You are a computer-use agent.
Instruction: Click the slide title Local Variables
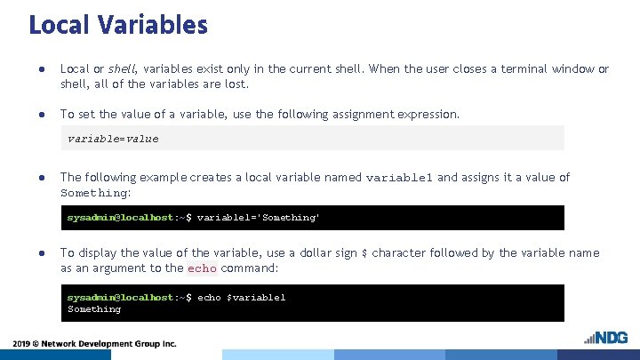click(118, 24)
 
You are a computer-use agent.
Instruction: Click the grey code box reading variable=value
click(316, 138)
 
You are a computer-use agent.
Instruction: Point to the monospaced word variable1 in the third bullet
click(399, 178)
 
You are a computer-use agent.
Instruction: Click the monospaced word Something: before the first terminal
click(95, 193)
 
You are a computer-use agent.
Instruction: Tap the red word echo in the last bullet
click(202, 268)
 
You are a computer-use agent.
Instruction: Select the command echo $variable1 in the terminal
click(241, 297)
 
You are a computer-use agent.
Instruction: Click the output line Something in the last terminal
click(94, 309)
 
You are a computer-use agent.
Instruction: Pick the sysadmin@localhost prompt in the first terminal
click(121, 217)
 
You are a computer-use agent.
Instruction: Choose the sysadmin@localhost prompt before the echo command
click(121, 297)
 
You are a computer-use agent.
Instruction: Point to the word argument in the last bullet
click(109, 268)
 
